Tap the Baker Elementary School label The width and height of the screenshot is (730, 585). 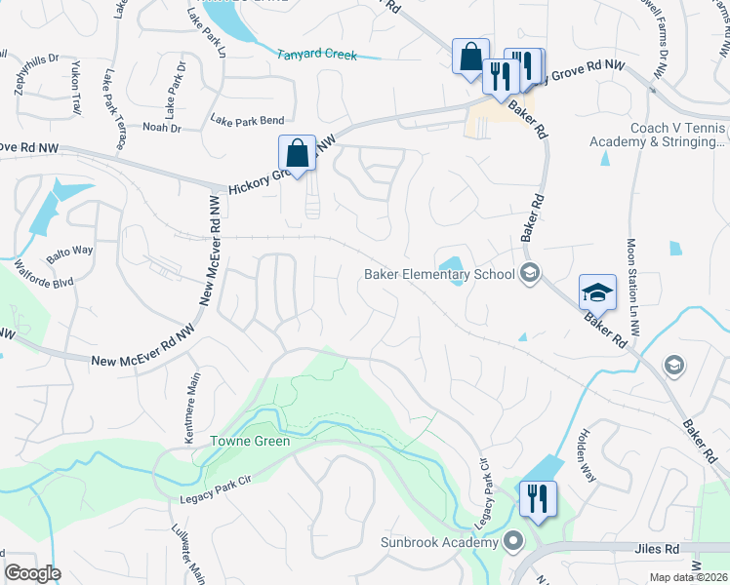pos(439,274)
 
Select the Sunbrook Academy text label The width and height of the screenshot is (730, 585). pos(440,541)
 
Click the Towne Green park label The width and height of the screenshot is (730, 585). pos(251,441)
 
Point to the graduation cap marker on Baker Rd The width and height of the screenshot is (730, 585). pos(597,292)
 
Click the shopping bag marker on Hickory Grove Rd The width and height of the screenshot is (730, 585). pos(297,153)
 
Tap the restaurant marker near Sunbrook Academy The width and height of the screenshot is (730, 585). pos(537,498)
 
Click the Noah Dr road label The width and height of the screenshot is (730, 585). pos(162,128)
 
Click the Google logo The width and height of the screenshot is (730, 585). pos(32,573)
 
